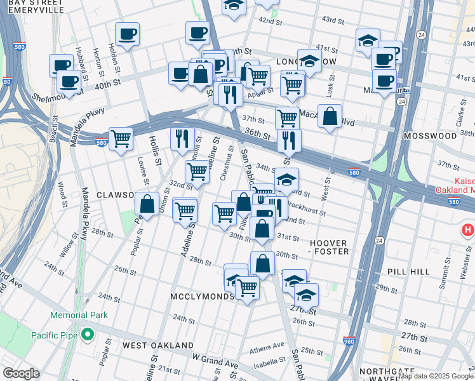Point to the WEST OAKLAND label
[158, 345]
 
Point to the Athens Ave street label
[267, 349]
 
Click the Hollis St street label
[154, 155]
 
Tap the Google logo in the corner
[22, 373]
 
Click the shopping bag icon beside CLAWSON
[147, 204]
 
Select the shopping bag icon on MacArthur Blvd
[330, 116]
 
